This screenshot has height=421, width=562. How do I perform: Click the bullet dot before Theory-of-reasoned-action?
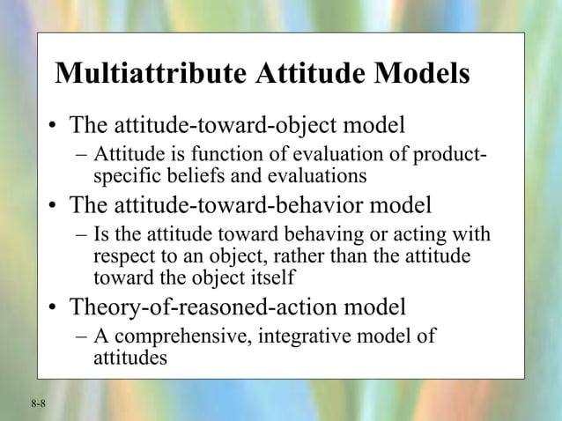(x=55, y=309)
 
